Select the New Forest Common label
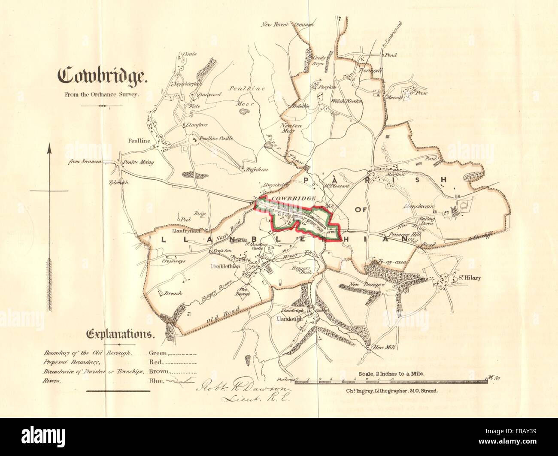coord(287,25)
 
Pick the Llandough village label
coord(290,319)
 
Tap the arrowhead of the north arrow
coord(49,151)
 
